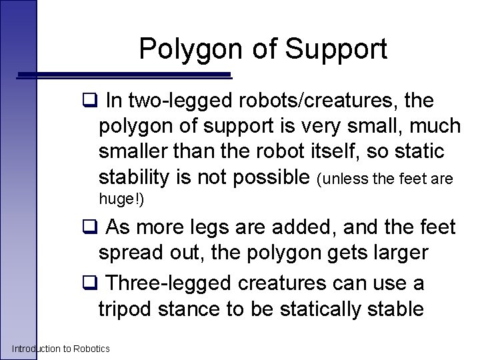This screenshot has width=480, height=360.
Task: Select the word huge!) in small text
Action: tap(121, 199)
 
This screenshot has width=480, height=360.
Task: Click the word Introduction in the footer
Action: tap(35, 349)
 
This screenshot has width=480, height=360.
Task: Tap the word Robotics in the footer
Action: tap(91, 349)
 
